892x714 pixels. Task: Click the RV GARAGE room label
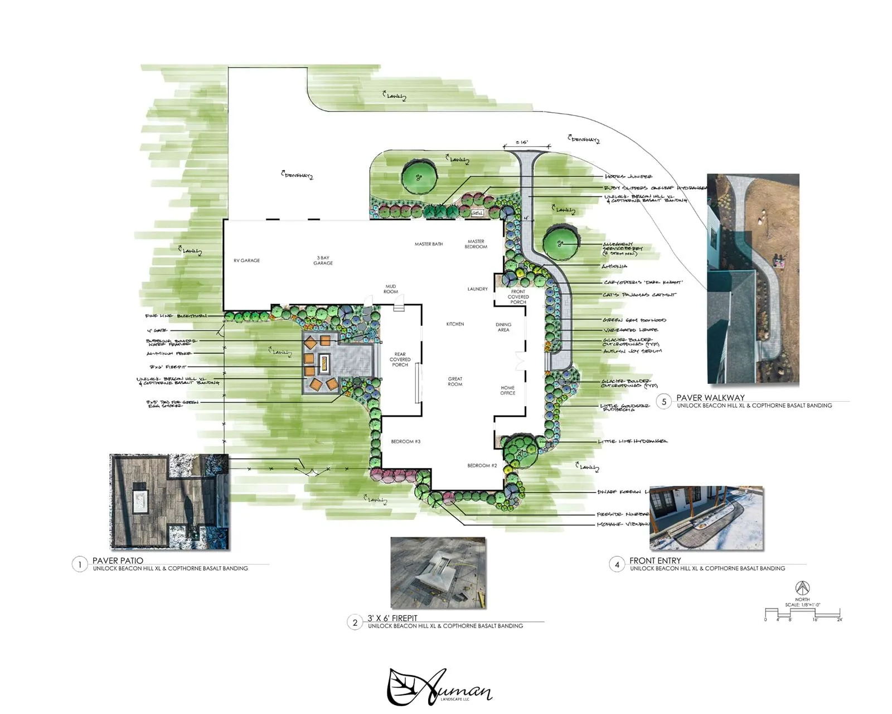(246, 260)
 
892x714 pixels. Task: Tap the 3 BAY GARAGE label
(323, 260)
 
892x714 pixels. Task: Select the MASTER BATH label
(428, 244)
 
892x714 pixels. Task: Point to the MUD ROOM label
(391, 289)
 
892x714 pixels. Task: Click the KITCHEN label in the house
(455, 324)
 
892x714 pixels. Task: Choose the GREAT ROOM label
(455, 382)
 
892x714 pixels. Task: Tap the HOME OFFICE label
(507, 390)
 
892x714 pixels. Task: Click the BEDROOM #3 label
(405, 442)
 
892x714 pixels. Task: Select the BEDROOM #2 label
(482, 466)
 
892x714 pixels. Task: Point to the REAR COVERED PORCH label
(400, 360)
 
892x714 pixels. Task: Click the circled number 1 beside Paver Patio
(80, 565)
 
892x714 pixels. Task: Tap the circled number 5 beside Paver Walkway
(663, 402)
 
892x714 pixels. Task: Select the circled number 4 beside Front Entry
(617, 565)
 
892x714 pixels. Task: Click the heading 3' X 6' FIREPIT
(392, 618)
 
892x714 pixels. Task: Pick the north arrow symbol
(802, 587)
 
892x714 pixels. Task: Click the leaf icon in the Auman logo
(403, 687)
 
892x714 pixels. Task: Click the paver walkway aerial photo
(753, 278)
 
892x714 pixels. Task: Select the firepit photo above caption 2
(438, 573)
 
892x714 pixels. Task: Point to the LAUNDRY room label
(477, 289)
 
